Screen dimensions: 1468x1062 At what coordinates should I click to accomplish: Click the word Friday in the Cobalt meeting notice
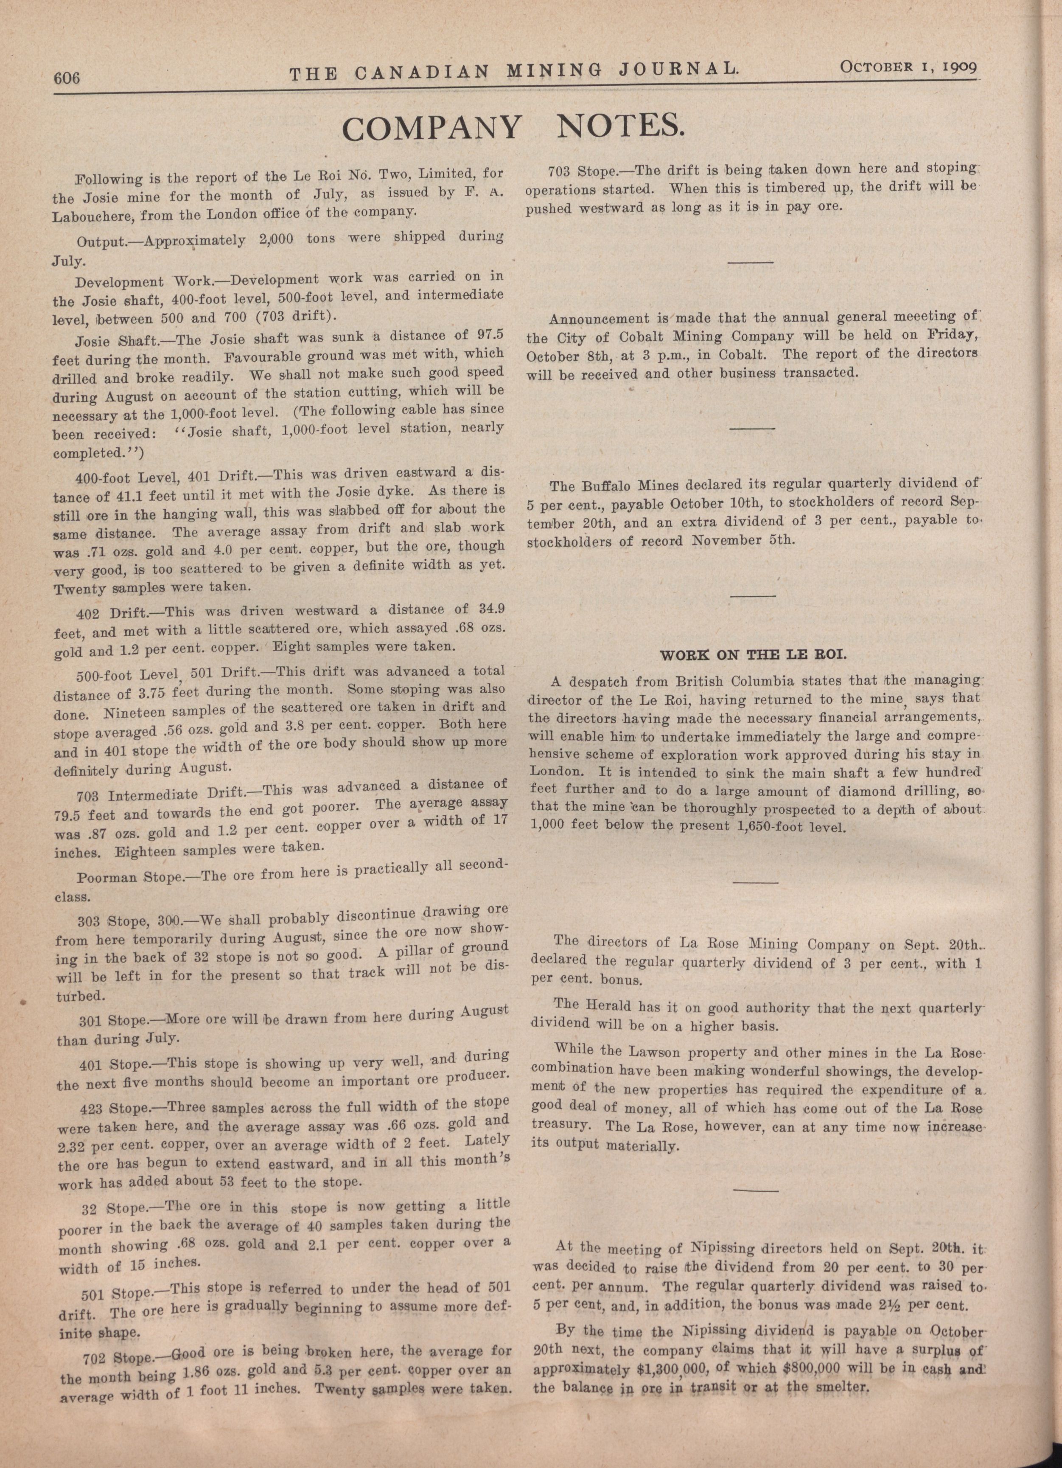(x=951, y=337)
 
